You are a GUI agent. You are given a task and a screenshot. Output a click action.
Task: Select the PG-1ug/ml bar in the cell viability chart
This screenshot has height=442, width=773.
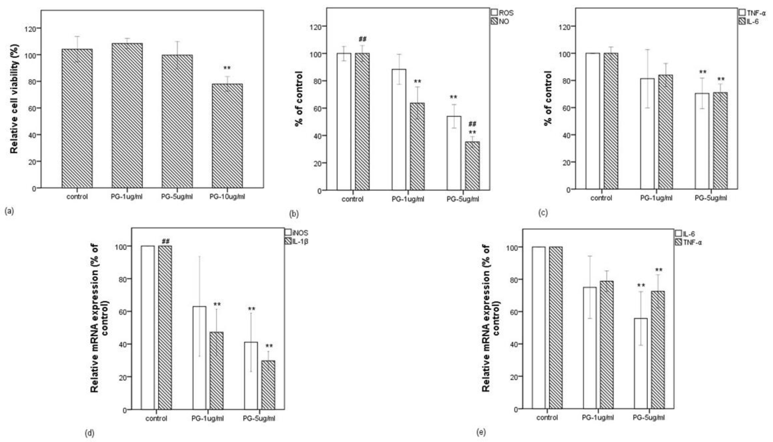pyautogui.click(x=127, y=115)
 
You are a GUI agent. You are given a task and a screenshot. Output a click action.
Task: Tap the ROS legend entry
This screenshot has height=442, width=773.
pyautogui.click(x=502, y=13)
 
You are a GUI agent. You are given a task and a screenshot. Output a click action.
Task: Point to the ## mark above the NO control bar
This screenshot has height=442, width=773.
pyautogui.click(x=362, y=39)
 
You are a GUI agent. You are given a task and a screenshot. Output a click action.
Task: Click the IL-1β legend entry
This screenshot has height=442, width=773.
pyautogui.click(x=297, y=242)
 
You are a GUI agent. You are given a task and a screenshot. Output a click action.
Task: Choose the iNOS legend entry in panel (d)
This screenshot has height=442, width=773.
pyautogui.click(x=297, y=233)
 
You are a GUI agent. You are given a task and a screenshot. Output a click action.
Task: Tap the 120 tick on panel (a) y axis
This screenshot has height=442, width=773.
pyautogui.click(x=30, y=29)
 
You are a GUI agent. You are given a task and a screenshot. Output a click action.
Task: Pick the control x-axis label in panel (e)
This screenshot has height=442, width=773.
pyautogui.click(x=547, y=418)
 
